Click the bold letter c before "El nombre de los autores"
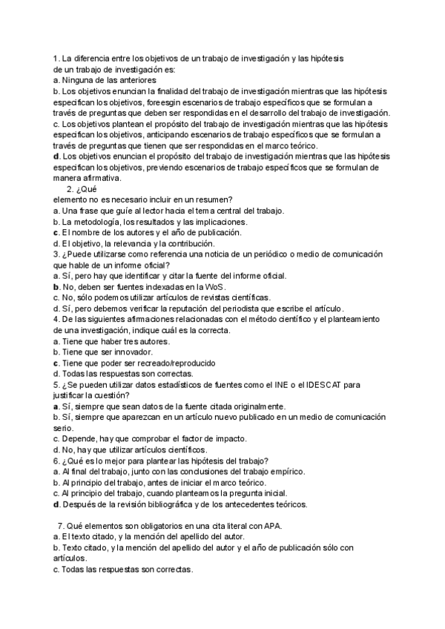pos(56,232)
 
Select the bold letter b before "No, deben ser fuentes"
pos(56,286)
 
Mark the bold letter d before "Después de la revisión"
pos(56,504)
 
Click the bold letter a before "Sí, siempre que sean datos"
pos(56,406)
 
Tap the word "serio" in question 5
pos(63,428)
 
